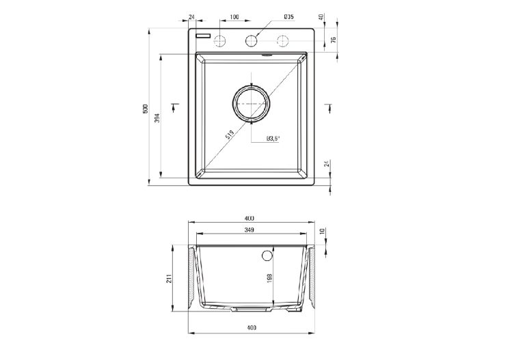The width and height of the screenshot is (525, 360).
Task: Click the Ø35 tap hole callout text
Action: click(x=288, y=16)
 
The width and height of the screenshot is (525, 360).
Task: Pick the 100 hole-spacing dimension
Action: click(x=234, y=16)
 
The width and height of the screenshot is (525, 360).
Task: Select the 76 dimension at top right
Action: click(x=334, y=40)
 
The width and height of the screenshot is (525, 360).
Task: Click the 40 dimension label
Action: click(x=321, y=16)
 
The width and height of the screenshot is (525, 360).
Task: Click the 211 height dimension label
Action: click(x=168, y=279)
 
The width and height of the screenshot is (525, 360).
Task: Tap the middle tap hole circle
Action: click(x=252, y=41)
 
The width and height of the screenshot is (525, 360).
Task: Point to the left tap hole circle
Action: click(x=220, y=41)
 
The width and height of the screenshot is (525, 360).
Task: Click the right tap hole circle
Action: click(x=282, y=41)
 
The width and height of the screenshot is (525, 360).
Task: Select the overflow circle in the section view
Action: click(x=265, y=255)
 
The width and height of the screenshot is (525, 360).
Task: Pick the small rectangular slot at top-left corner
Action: click(x=202, y=33)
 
